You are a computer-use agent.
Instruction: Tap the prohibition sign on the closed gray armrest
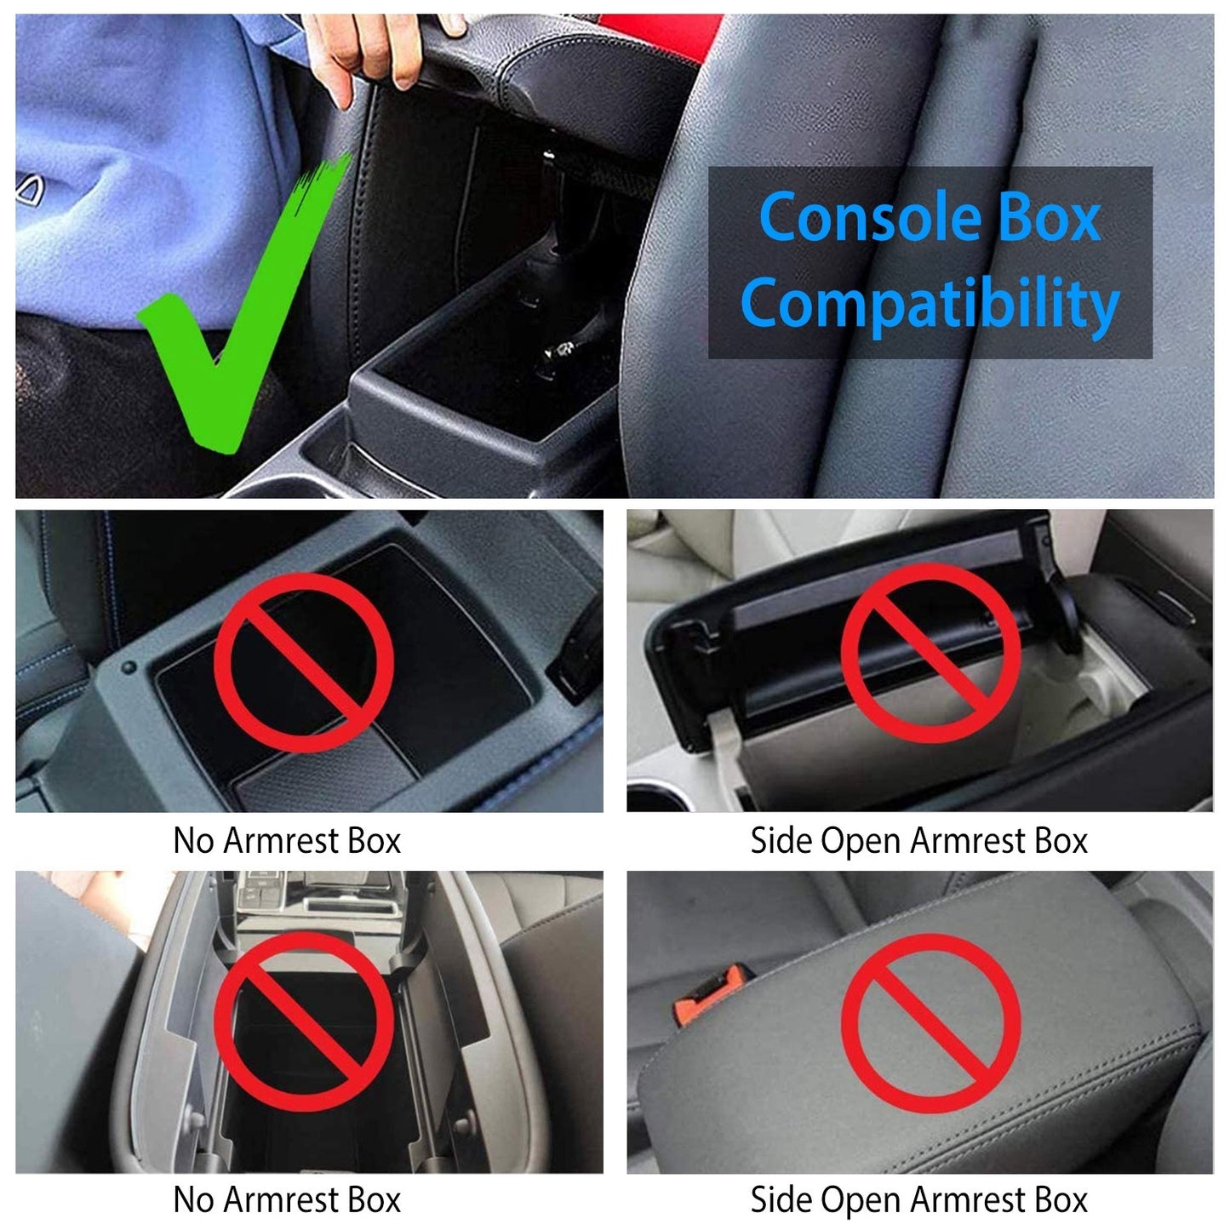click(x=930, y=1022)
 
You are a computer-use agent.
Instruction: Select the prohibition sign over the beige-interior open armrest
click(x=930, y=653)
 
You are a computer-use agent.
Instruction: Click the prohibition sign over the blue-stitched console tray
click(x=303, y=661)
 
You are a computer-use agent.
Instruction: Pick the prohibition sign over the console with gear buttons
click(x=303, y=1021)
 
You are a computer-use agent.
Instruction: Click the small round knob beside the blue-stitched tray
click(x=129, y=668)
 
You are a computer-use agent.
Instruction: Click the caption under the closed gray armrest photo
click(x=918, y=1199)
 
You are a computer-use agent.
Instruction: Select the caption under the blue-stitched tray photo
click(x=287, y=840)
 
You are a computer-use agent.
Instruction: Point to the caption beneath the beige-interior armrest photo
click(x=918, y=840)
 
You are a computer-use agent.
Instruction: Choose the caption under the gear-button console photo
click(x=287, y=1199)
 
